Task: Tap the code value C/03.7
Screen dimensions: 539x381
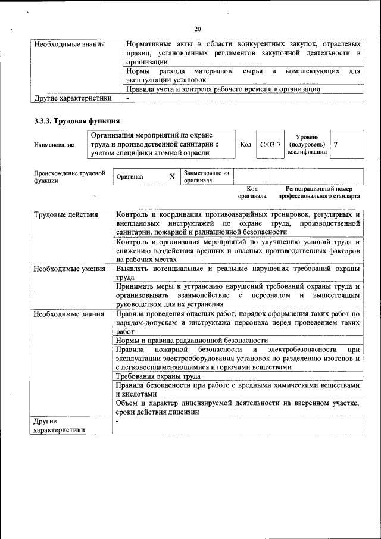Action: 270,145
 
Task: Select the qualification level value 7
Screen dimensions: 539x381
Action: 336,145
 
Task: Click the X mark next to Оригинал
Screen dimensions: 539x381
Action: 172,177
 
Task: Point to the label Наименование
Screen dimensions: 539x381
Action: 54,145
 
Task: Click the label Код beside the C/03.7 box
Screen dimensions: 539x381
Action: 246,145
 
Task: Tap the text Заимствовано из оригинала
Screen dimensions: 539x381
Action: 207,177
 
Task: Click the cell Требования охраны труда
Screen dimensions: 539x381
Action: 158,376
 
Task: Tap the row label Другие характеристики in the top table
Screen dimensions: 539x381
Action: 73,98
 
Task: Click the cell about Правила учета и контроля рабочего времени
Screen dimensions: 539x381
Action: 223,89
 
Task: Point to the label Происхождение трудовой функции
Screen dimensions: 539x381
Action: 69,177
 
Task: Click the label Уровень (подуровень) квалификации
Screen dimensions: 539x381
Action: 307,145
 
